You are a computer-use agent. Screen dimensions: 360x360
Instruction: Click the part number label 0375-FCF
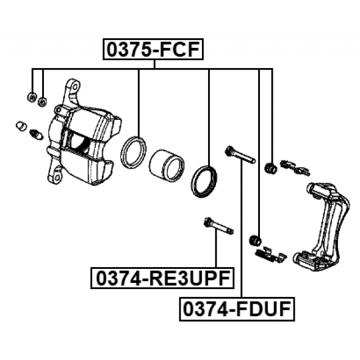(x=153, y=49)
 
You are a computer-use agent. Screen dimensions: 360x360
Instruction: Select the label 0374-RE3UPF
(x=163, y=278)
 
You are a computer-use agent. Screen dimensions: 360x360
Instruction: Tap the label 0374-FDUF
(x=237, y=309)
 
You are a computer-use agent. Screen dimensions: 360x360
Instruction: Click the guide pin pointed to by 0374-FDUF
(x=240, y=155)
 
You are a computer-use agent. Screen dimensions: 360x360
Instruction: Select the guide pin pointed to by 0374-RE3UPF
(x=218, y=225)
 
